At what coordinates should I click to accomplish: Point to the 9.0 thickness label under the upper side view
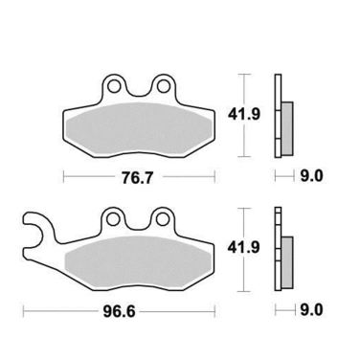click(313, 176)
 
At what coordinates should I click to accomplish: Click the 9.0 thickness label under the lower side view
click(313, 309)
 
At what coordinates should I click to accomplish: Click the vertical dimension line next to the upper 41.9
click(246, 115)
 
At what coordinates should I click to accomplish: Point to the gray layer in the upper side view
click(284, 124)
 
